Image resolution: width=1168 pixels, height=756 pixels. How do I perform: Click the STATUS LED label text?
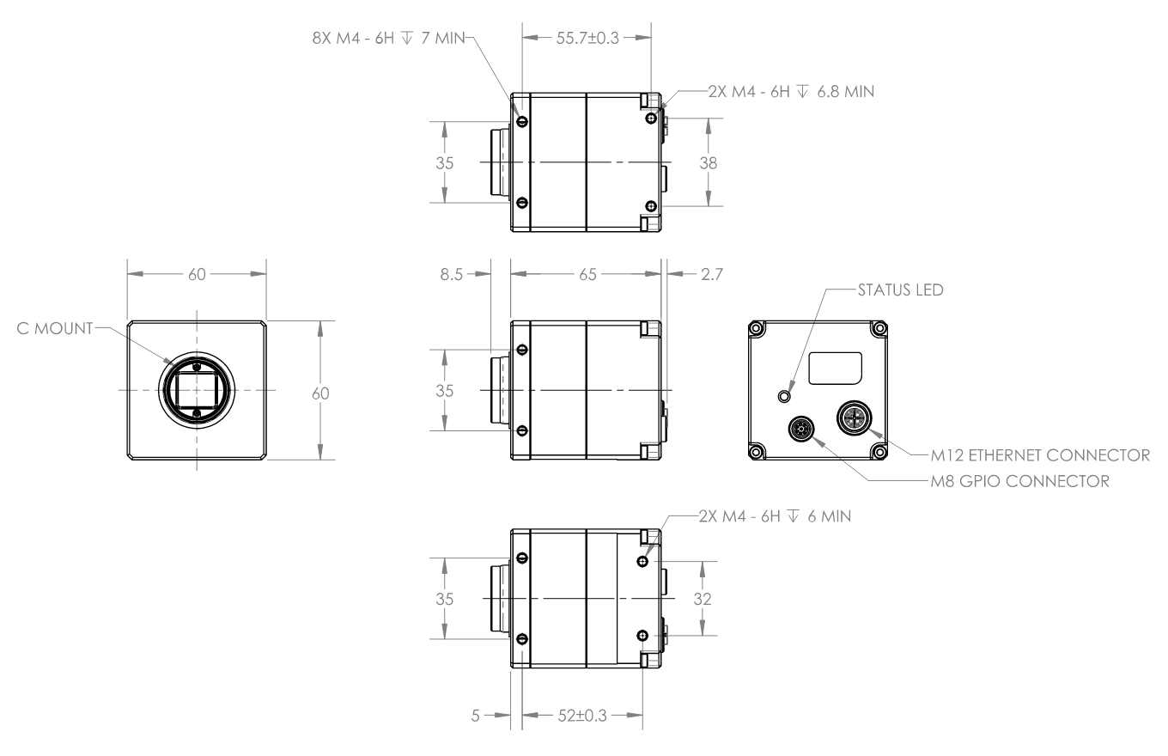click(x=901, y=290)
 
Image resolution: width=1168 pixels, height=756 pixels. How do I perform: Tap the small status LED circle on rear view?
click(x=784, y=397)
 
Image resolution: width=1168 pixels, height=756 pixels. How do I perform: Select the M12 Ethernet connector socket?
click(x=853, y=418)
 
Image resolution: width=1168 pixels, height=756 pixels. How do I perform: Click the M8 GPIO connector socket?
click(x=801, y=429)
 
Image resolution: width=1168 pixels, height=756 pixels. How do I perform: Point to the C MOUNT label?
click(x=55, y=329)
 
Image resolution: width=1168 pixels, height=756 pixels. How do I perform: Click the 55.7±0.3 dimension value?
click(x=587, y=38)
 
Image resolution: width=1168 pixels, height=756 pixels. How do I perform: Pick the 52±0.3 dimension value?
click(x=582, y=716)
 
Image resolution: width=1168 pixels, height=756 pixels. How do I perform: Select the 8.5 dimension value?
click(x=451, y=274)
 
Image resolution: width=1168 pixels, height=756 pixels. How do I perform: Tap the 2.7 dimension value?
click(x=712, y=274)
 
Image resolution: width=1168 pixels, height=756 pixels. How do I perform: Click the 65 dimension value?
click(x=587, y=274)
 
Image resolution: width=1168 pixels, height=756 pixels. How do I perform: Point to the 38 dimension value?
click(x=708, y=163)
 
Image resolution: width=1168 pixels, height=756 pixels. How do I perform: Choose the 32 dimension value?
click(x=703, y=599)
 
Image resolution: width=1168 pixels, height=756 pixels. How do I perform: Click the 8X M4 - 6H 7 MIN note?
click(x=388, y=38)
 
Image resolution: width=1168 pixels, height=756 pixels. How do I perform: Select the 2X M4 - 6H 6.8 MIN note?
click(x=791, y=92)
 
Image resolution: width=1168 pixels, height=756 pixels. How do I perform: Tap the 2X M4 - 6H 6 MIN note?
click(x=775, y=516)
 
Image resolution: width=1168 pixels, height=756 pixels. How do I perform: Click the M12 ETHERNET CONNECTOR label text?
click(x=1040, y=455)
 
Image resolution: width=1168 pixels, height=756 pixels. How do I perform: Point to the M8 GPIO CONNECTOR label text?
click(x=1020, y=481)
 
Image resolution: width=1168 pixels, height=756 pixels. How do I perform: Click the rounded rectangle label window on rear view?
click(x=835, y=369)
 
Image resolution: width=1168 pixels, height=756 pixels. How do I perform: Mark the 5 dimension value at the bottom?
click(x=475, y=716)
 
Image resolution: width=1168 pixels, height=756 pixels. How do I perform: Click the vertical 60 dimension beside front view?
click(x=320, y=393)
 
